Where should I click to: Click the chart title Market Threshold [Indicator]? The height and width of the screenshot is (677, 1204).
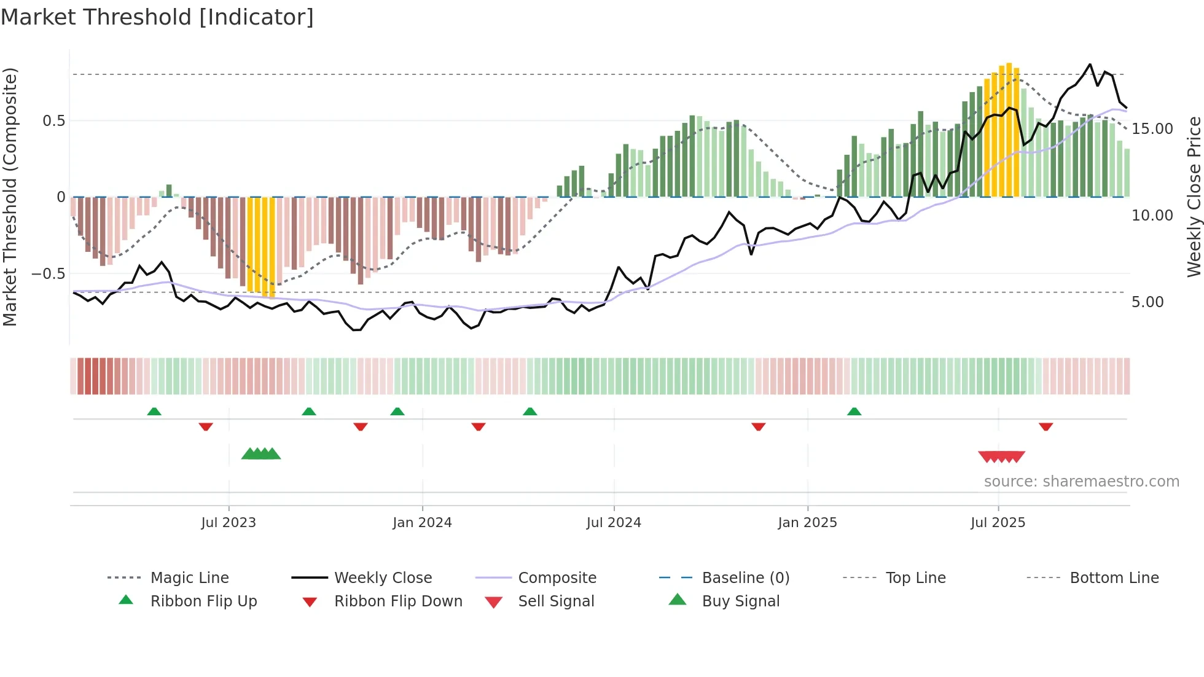point(157,17)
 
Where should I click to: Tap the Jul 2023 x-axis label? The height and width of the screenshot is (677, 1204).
point(229,523)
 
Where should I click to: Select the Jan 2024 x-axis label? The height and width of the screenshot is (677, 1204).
point(422,523)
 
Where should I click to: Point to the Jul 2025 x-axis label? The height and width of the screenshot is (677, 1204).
point(998,523)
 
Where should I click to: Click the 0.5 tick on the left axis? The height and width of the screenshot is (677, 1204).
point(54,121)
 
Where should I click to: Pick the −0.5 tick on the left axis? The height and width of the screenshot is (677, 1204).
point(48,274)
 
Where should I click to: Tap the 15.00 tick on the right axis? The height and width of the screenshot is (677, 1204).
point(1152,129)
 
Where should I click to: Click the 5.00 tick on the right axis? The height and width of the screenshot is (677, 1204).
point(1147,302)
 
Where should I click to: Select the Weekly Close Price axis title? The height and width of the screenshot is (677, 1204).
point(1194,197)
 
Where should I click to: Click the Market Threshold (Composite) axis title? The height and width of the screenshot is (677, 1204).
point(10,197)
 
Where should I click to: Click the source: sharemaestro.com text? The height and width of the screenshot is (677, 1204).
point(1081,482)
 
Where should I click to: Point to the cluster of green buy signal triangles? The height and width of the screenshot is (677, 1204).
point(261,454)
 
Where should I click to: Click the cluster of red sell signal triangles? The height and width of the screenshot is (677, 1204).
point(1001,456)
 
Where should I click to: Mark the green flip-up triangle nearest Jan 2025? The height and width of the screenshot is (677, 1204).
point(854,412)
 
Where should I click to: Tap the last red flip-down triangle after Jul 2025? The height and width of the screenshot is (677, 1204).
point(1046,426)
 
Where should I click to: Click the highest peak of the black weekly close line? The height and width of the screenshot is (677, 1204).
point(1090,65)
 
